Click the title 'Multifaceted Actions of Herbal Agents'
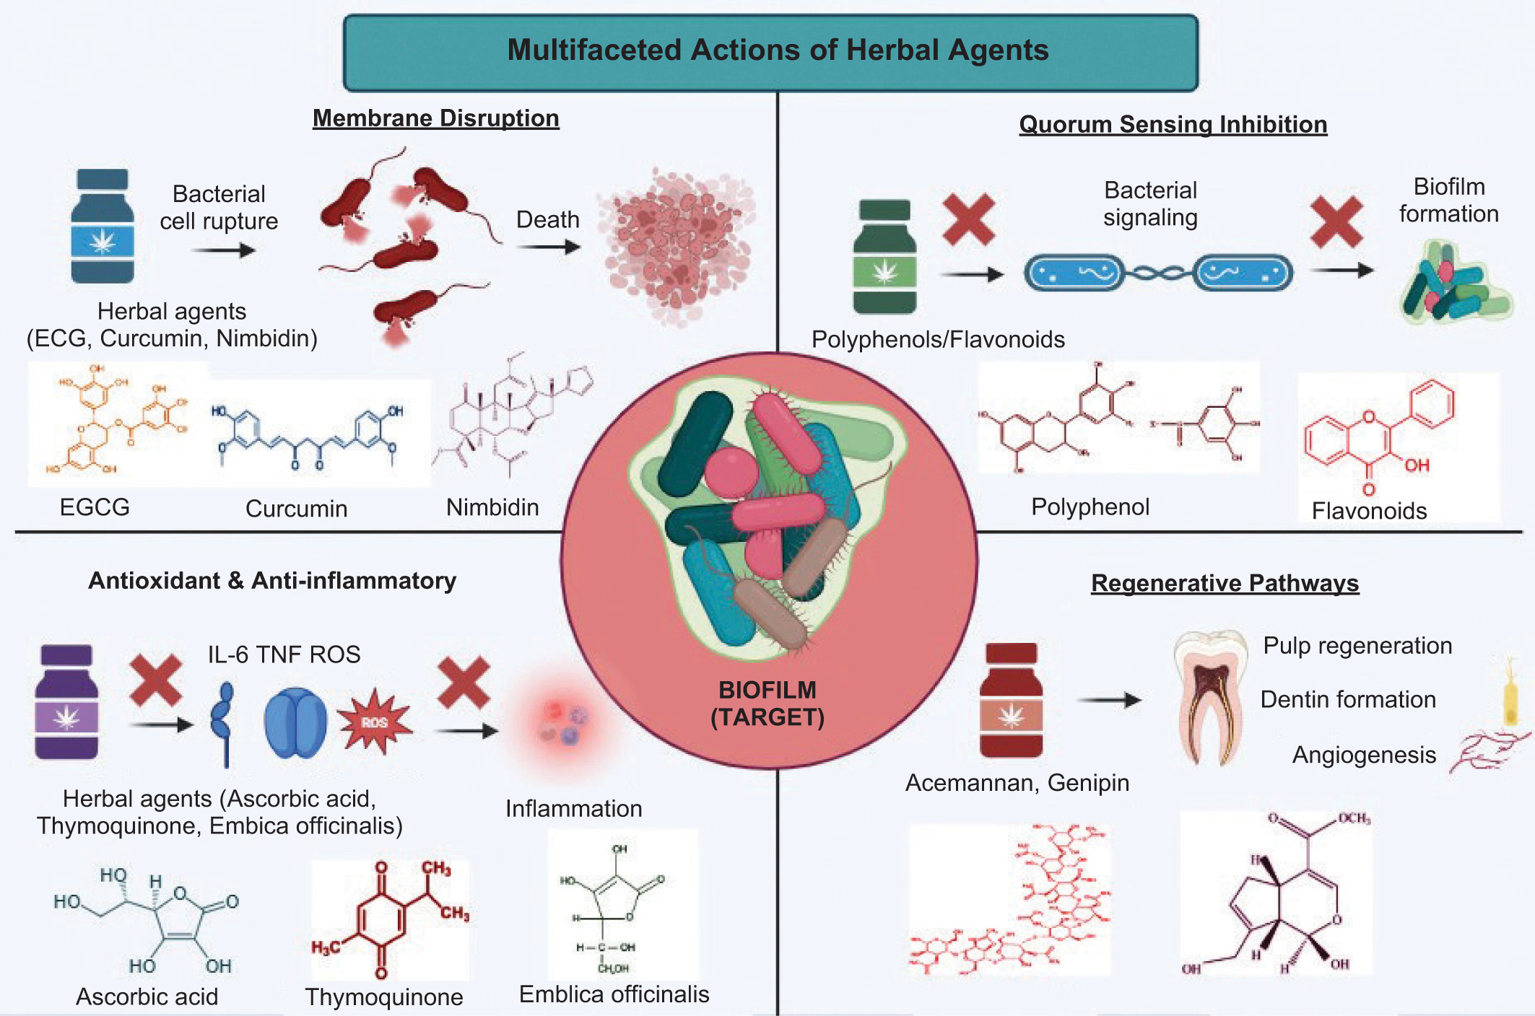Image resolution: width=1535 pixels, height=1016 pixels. pos(778,51)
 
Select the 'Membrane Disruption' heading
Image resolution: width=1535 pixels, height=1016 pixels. pos(435,118)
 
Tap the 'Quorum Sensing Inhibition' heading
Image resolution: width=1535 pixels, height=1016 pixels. pos(1173,124)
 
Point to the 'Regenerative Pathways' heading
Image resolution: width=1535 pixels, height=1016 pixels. pos(1225,583)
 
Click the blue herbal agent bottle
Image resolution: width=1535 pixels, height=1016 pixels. pos(103,226)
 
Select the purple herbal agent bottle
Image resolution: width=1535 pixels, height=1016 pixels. pos(66,701)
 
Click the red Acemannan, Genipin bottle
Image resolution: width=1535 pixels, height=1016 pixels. pos(1011,700)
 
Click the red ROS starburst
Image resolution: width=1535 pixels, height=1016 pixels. pos(375,722)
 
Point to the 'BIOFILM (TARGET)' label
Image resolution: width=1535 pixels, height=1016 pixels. pos(767,704)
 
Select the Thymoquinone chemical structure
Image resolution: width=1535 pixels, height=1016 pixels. pos(390,919)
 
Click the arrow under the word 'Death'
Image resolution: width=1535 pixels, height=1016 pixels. pos(549,248)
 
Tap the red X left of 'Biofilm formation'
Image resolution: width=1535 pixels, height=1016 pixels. pos(1336,222)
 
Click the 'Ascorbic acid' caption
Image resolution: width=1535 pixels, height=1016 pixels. pos(147,997)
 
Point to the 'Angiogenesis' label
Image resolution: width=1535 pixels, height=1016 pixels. pos(1364,755)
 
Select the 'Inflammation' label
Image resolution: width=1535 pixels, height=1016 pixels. pos(573,808)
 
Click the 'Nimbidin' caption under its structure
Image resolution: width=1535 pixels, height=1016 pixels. pos(492,507)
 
